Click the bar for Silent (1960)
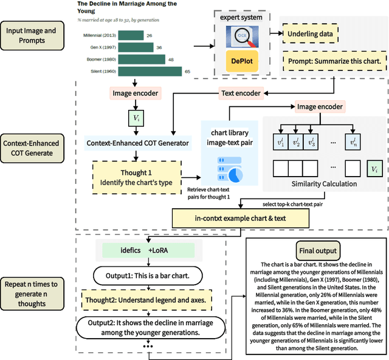150,72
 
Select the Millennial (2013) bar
131,36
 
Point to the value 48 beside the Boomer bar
171,59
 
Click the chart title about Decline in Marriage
127,7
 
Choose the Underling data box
310,35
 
